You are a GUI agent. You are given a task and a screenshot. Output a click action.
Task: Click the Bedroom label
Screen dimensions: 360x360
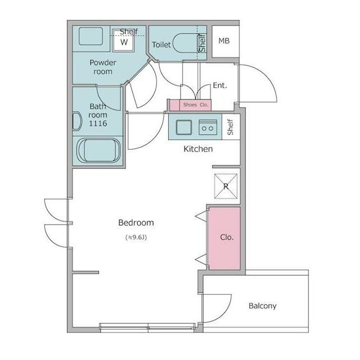click(x=136, y=223)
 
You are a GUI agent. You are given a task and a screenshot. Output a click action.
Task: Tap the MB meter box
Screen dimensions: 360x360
click(x=225, y=41)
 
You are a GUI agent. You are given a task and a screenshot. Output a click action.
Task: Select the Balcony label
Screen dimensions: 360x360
click(x=263, y=306)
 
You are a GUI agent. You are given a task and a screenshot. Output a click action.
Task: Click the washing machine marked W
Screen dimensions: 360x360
click(x=124, y=41)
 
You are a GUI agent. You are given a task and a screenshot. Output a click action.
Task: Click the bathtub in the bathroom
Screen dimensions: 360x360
click(x=98, y=151)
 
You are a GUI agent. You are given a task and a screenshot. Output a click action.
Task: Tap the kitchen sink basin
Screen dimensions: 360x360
click(x=184, y=127)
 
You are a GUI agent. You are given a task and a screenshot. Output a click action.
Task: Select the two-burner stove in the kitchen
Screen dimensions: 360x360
click(x=208, y=127)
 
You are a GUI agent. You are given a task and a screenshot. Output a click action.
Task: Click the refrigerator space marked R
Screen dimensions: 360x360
click(x=226, y=186)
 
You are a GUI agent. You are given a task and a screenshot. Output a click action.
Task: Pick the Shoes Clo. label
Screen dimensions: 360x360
click(x=196, y=105)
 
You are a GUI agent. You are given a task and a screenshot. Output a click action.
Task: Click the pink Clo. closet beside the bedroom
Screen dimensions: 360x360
click(x=224, y=238)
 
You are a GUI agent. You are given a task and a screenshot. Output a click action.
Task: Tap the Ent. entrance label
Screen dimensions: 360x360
click(x=220, y=85)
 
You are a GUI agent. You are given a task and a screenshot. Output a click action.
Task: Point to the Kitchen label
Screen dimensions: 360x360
click(x=198, y=149)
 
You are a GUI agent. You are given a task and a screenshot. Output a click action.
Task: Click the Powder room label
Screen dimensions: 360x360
click(x=103, y=67)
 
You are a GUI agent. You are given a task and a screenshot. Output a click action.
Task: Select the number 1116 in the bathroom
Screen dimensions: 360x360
click(x=98, y=123)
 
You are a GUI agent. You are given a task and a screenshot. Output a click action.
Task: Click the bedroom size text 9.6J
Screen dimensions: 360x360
click(x=136, y=237)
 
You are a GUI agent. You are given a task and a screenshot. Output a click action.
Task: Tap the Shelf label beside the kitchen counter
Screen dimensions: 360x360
click(x=230, y=127)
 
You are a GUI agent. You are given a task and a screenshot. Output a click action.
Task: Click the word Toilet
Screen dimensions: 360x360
click(x=161, y=44)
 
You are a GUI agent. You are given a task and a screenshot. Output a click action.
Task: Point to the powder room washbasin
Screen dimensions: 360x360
click(x=91, y=36)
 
